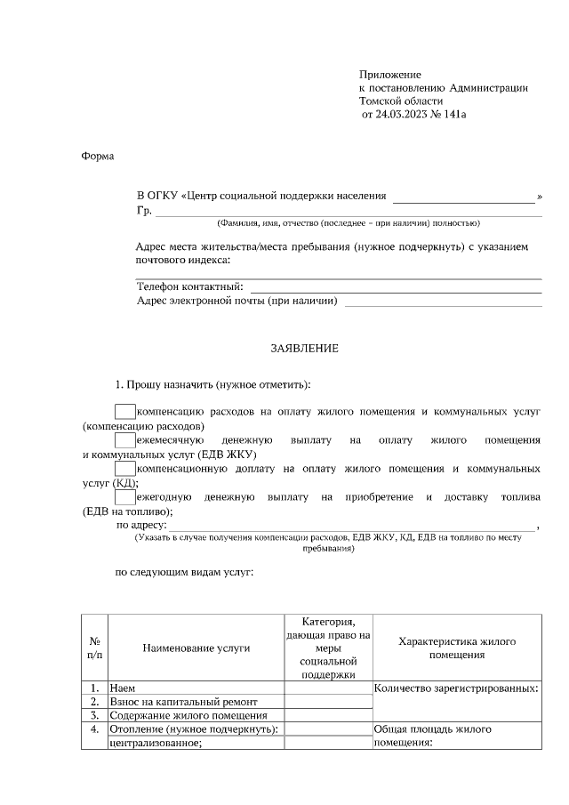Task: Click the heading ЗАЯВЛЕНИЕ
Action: (304, 349)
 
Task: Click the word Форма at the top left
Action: (98, 157)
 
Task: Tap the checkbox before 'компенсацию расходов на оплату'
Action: (125, 412)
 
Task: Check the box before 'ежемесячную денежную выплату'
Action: (125, 439)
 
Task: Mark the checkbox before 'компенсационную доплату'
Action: (125, 467)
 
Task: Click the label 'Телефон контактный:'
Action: (190, 286)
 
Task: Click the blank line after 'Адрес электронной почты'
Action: (443, 303)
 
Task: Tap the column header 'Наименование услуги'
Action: (196, 648)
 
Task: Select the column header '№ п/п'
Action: (94, 648)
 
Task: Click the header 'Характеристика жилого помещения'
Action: (457, 648)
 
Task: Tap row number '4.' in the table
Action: (94, 729)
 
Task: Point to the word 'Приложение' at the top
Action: (389, 74)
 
